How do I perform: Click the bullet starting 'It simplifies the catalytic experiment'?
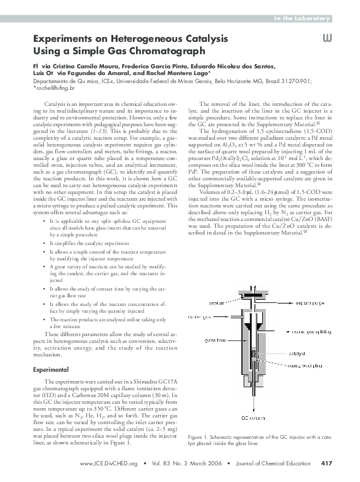click(92, 244)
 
